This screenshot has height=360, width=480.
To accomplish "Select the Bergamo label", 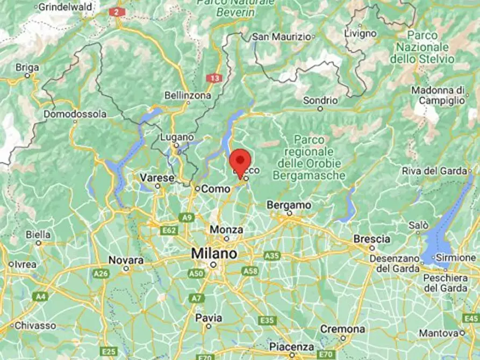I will [x=289, y=205].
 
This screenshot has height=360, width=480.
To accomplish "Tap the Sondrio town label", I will [x=320, y=100].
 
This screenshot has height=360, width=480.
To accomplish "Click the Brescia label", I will [x=371, y=239].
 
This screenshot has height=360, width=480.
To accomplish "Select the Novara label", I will [x=126, y=260].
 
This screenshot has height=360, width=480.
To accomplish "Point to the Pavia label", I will [x=209, y=318].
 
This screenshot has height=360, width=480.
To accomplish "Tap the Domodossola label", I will [x=75, y=114].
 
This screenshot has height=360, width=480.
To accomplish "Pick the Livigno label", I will [x=360, y=33].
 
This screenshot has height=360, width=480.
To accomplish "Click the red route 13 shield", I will [x=214, y=78].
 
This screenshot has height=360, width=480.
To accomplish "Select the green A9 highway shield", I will [x=186, y=217].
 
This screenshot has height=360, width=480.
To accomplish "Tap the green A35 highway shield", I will [x=272, y=256].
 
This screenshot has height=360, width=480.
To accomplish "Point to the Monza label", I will [x=226, y=229].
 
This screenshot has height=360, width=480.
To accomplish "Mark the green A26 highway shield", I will [x=101, y=273].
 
